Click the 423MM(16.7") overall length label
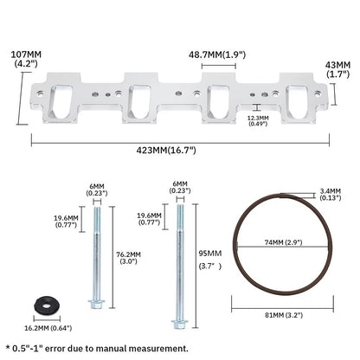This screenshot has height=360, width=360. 166,150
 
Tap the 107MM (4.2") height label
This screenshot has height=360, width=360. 26,59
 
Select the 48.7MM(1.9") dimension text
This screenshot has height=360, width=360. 217,55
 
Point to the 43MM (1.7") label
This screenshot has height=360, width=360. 337,69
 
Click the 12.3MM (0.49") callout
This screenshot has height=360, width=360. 258,120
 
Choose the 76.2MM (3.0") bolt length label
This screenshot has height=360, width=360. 128,258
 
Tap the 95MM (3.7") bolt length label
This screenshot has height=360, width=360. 210,260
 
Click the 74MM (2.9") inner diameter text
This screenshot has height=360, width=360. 283,242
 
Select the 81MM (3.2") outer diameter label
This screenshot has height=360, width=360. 284,315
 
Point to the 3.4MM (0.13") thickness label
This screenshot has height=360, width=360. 331,194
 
